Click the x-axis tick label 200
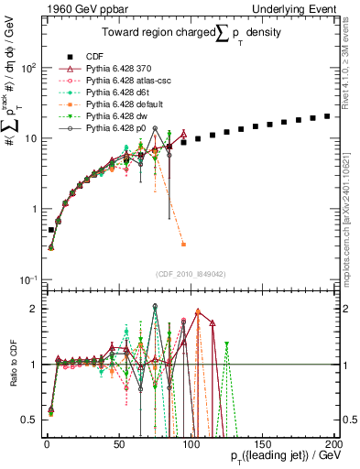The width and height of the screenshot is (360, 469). point(333,443)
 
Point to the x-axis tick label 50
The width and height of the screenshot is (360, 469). point(118,443)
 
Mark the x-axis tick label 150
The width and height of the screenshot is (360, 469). point(262,443)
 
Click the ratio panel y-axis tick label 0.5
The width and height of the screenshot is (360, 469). point(30,420)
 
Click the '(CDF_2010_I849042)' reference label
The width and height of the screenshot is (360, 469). point(190,273)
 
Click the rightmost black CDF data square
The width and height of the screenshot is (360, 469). point(327,116)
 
